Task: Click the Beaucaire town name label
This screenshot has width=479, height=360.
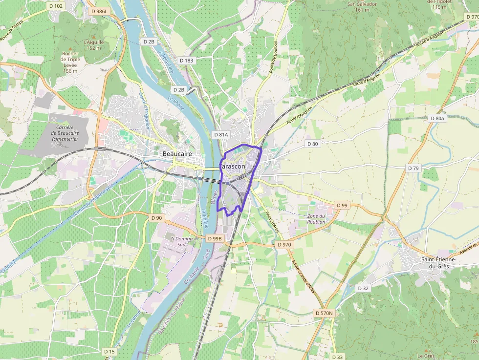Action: tap(176, 154)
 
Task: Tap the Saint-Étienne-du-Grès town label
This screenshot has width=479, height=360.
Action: tap(438, 263)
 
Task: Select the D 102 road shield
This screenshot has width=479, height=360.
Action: tap(56, 6)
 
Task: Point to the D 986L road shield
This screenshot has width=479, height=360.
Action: tap(99, 10)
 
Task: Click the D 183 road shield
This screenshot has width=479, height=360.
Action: tap(186, 61)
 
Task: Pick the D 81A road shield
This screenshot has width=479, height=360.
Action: tap(220, 134)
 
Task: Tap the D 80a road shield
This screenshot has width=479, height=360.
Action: tap(437, 118)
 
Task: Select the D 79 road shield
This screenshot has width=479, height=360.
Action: tap(414, 168)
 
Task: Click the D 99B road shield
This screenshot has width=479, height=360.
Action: tap(215, 238)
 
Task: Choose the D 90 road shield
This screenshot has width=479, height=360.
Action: tap(156, 217)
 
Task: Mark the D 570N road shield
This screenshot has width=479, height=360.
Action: tap(324, 313)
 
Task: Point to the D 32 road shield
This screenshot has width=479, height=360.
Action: tap(363, 288)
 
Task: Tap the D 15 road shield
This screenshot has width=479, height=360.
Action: tap(109, 351)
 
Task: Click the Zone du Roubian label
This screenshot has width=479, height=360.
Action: tap(316, 219)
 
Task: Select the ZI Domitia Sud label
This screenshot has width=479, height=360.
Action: tap(181, 241)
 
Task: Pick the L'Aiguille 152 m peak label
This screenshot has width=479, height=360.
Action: tap(93, 45)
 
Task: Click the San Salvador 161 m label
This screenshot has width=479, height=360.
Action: tap(362, 6)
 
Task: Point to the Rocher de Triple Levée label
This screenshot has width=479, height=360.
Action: tap(70, 62)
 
